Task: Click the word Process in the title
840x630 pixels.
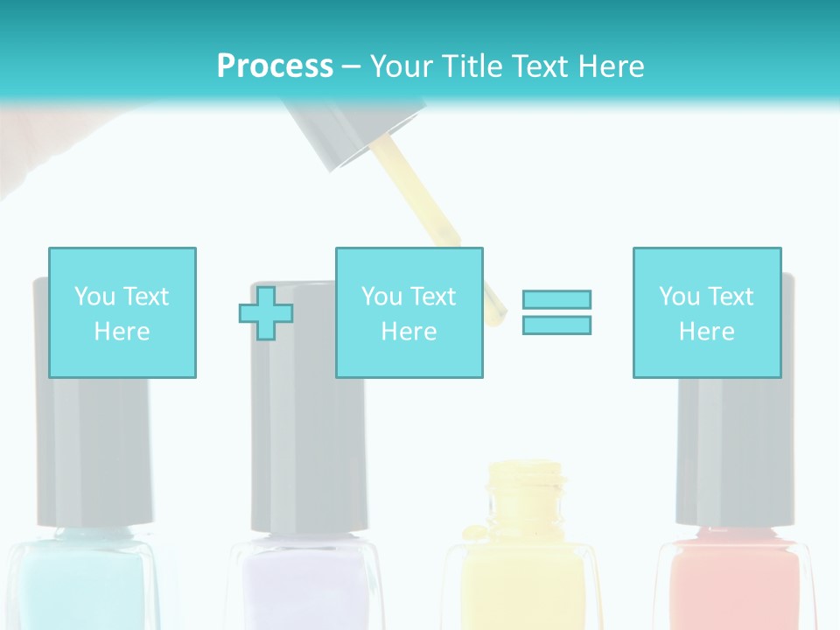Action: coord(275,66)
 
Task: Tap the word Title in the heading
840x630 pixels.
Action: coord(473,66)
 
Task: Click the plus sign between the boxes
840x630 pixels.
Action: coord(266,313)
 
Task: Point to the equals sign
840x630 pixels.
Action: coord(556,312)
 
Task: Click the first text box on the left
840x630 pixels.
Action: coord(122,312)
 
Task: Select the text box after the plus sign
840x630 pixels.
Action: coord(409,312)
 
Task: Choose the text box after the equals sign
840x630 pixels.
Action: coord(706,312)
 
